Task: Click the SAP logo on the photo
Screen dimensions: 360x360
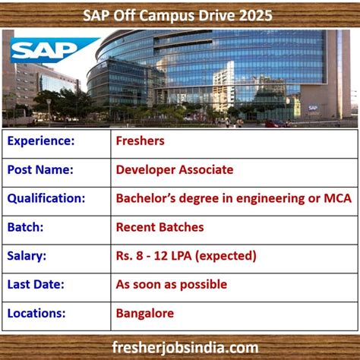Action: [43, 51]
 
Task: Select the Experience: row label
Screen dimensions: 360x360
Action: [41, 141]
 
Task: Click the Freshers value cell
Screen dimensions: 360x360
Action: [141, 141]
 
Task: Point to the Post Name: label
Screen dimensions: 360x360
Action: [40, 169]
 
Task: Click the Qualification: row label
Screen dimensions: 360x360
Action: [46, 198]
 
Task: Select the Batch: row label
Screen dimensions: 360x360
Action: [26, 227]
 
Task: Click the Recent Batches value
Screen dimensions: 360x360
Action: [160, 227]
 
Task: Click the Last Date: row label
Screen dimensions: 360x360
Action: [36, 284]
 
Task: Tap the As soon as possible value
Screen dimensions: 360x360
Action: [172, 284]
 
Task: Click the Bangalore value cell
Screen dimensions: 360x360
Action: [145, 313]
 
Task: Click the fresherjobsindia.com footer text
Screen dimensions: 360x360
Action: [180, 346]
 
